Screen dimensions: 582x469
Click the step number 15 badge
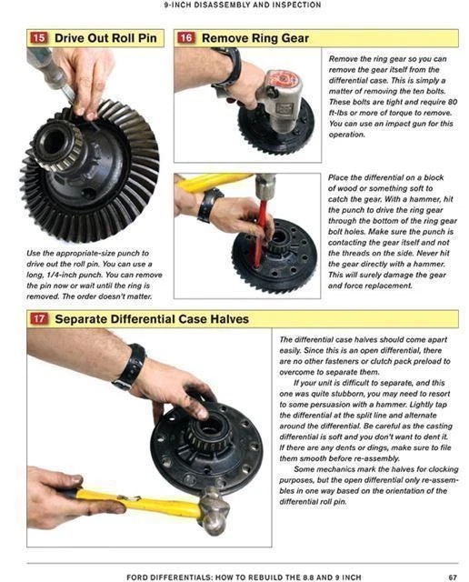pyautogui.click(x=38, y=38)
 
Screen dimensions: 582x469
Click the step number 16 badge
pyautogui.click(x=185, y=38)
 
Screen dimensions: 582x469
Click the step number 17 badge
pyautogui.click(x=38, y=319)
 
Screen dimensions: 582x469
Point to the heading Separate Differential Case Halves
pyautogui.click(x=151, y=319)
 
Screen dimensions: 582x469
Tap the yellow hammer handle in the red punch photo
pyautogui.click(x=214, y=182)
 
